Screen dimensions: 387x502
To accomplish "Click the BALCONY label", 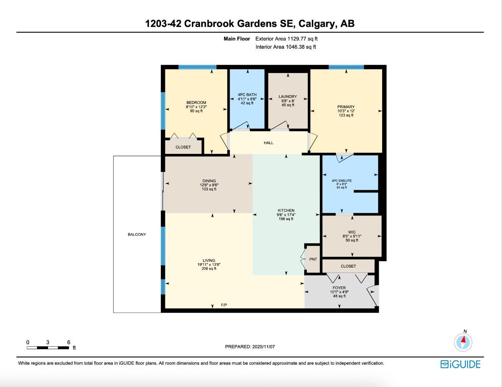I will [137, 235].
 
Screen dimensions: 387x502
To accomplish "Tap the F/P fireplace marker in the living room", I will [224, 305].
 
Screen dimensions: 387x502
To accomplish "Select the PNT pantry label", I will [313, 259].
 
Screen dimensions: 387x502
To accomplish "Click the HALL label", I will [269, 143].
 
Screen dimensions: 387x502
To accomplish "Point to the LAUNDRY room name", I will [288, 97].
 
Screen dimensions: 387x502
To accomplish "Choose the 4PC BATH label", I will [247, 95].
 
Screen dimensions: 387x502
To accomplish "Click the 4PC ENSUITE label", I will [342, 181].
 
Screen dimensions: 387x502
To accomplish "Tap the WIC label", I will [352, 232].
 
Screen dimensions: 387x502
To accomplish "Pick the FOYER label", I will [339, 288].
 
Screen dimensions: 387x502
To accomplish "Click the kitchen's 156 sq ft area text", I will [286, 219].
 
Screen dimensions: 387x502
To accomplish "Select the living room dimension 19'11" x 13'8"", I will [209, 265].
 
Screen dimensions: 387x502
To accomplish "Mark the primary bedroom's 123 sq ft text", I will [346, 115].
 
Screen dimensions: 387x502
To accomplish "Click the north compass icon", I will [463, 342].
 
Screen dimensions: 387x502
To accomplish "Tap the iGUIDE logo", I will [460, 364].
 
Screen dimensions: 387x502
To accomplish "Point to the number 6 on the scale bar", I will [68, 342].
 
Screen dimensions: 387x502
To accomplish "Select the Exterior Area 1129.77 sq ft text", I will [286, 39].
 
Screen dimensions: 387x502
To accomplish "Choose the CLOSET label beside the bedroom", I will [183, 147].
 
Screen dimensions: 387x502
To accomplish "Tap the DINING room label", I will [209, 181].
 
